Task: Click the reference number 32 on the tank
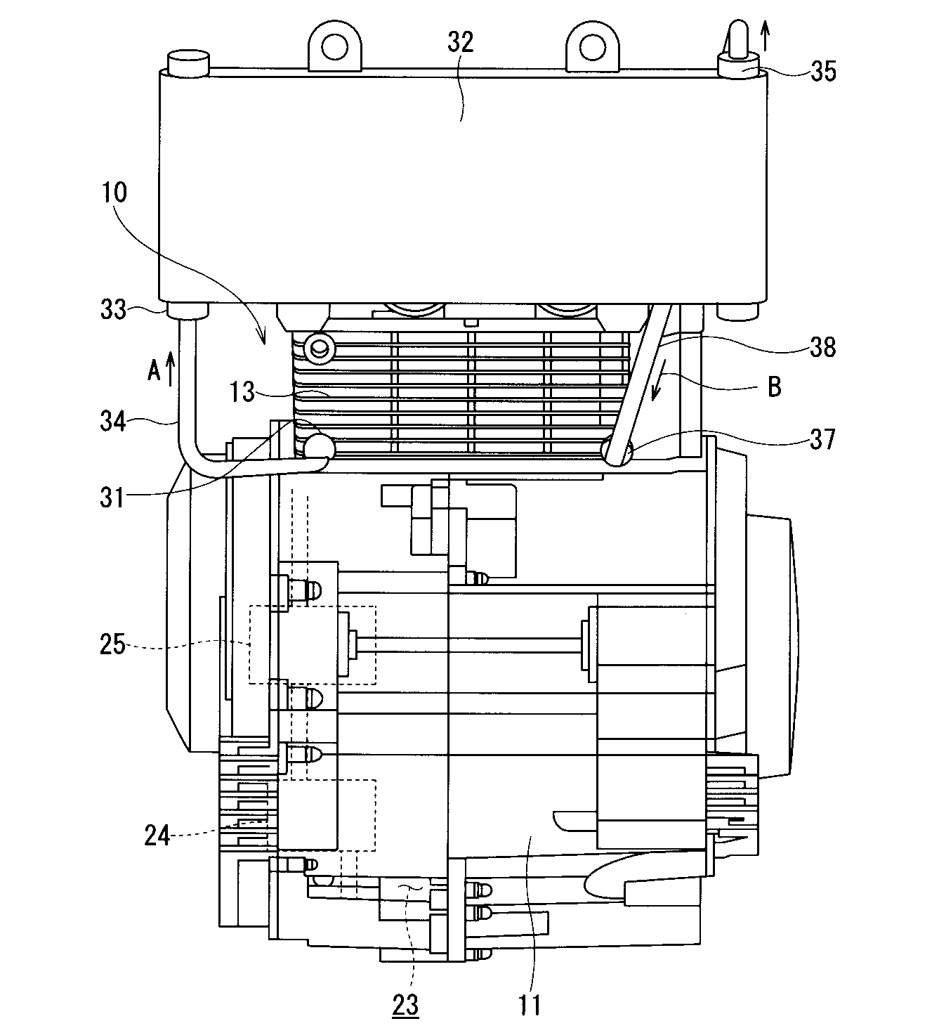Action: tap(460, 42)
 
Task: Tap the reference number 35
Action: tap(823, 72)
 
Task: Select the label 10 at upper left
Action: tap(114, 193)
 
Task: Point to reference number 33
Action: tap(113, 310)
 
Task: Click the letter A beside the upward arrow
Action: tap(154, 370)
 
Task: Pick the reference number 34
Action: tap(113, 421)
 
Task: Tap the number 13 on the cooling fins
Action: tap(242, 392)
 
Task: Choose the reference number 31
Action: tap(112, 498)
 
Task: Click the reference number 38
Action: tap(822, 347)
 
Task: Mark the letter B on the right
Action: tap(774, 386)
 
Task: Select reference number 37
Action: tap(822, 439)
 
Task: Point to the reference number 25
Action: tap(112, 644)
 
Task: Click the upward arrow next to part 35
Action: tap(766, 35)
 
